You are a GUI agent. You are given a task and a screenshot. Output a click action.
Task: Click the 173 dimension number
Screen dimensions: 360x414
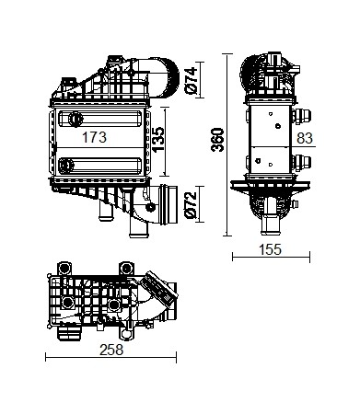click(x=94, y=137)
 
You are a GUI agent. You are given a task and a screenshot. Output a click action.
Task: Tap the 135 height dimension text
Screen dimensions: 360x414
click(x=158, y=140)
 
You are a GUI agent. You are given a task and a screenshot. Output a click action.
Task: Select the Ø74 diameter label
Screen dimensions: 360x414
click(x=191, y=80)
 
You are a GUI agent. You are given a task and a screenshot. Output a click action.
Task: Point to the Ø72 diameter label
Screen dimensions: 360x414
click(x=191, y=205)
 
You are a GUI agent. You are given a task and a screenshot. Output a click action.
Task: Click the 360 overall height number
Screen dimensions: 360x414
click(x=217, y=140)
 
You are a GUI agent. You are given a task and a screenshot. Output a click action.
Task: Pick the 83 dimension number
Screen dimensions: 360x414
click(x=305, y=138)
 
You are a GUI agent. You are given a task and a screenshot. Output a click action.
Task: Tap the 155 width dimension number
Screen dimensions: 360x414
click(x=270, y=249)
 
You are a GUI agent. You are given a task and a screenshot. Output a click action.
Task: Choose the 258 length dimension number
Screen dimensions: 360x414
click(x=111, y=350)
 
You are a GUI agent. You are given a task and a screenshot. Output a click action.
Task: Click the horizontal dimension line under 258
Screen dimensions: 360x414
click(x=110, y=357)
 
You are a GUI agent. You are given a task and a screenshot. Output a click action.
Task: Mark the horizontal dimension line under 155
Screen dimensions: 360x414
click(x=271, y=257)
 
